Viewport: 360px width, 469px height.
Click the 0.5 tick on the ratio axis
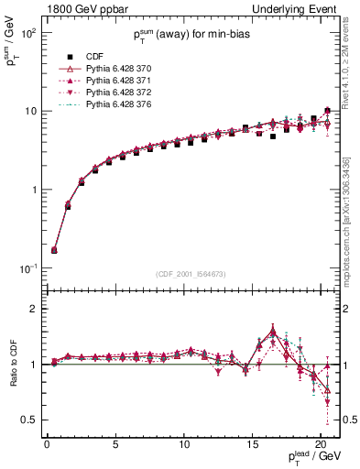[27, 420]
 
